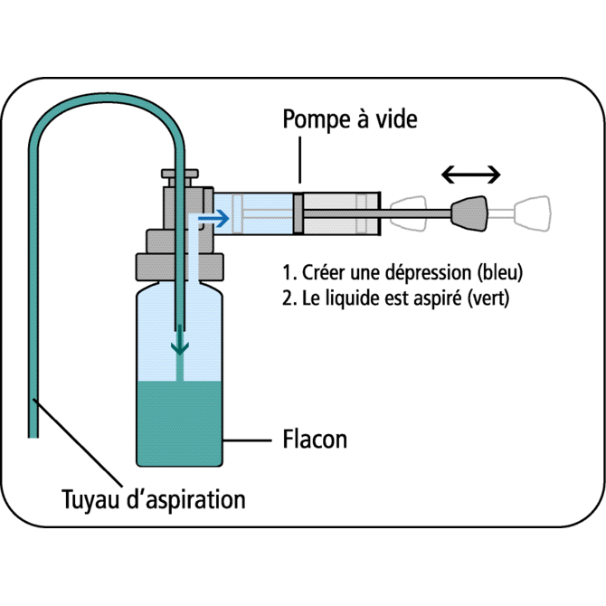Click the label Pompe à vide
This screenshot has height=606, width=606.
pyautogui.click(x=350, y=119)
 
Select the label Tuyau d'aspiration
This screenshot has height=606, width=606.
pyautogui.click(x=153, y=498)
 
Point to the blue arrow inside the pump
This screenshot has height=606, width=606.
pyautogui.click(x=213, y=218)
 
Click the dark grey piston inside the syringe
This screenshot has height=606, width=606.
pyautogui.click(x=299, y=213)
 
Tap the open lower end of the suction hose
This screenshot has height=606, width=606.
pyautogui.click(x=33, y=431)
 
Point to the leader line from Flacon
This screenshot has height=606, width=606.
pyautogui.click(x=244, y=441)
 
